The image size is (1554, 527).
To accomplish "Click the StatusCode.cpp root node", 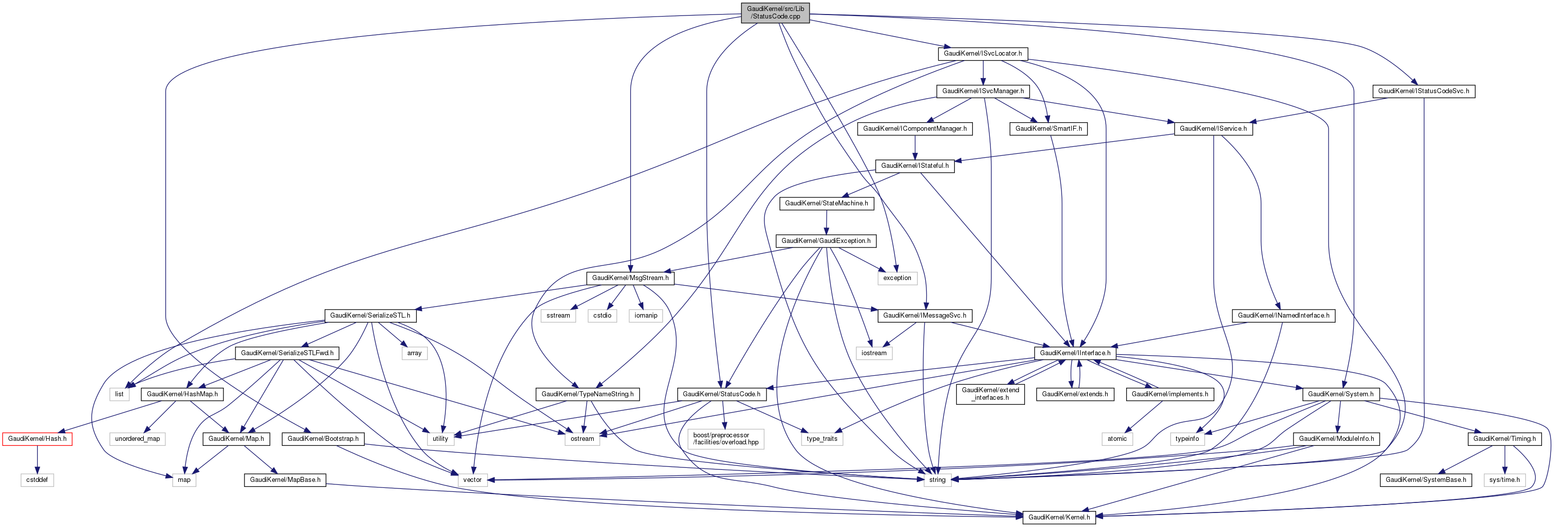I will (x=775, y=13).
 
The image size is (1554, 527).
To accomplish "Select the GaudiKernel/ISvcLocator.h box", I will (x=983, y=54).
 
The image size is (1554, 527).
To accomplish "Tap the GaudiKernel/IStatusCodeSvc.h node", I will (x=1424, y=91).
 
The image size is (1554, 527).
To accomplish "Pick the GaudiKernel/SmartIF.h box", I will (x=1049, y=128).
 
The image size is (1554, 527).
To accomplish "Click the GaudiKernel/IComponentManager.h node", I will (x=915, y=128).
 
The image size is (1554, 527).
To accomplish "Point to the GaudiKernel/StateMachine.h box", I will (x=827, y=203).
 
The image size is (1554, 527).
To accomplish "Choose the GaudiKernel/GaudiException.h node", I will (x=826, y=240).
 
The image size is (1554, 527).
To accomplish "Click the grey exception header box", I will (x=897, y=278).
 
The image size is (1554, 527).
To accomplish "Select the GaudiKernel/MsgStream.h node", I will (x=630, y=278).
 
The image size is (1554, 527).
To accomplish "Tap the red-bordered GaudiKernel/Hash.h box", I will (x=38, y=438).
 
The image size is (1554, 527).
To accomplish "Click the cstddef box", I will (x=38, y=480).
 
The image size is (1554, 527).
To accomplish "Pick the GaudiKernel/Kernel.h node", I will (x=1059, y=517).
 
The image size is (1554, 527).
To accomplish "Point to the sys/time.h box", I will (x=1504, y=480).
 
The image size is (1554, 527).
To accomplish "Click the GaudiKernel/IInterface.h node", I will (x=1075, y=353).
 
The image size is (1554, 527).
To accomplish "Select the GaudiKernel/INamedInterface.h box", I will (x=1283, y=316).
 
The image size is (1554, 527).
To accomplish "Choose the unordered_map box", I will (x=138, y=438).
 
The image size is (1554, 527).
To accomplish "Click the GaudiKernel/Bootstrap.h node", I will (x=323, y=438).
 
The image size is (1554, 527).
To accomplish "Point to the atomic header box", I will (x=1117, y=438).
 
